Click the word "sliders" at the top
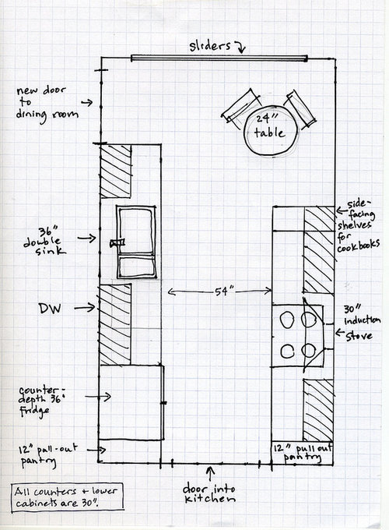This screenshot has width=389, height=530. [x=209, y=46]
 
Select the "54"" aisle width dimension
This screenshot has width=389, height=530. [x=220, y=291]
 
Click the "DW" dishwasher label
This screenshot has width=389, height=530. [x=50, y=308]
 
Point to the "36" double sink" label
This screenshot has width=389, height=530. [x=44, y=241]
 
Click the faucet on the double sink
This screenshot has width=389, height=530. [x=117, y=242]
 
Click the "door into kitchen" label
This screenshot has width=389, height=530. [x=209, y=493]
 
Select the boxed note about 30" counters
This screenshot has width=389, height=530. [x=68, y=497]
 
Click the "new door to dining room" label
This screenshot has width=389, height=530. [x=47, y=104]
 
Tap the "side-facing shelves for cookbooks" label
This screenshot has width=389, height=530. [x=359, y=226]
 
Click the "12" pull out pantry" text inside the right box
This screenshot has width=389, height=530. [x=303, y=453]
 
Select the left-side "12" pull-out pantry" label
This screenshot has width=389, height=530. [x=47, y=456]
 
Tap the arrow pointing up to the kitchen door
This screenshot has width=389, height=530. [x=211, y=474]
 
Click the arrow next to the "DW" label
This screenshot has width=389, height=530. [x=84, y=308]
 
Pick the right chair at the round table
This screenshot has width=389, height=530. [x=300, y=109]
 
